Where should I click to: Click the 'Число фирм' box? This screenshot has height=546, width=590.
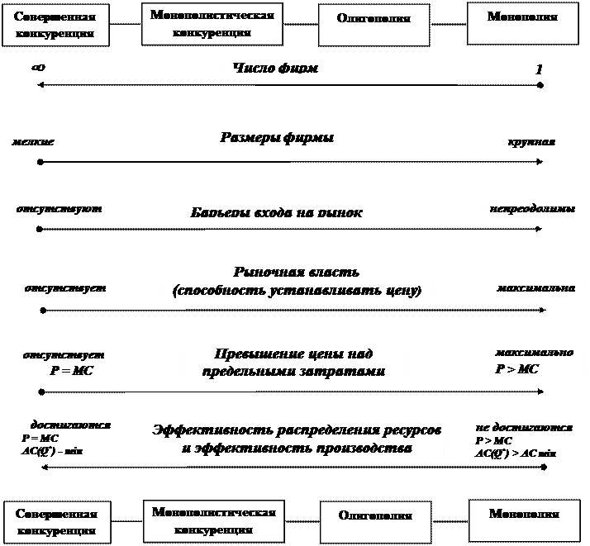pos(290,68)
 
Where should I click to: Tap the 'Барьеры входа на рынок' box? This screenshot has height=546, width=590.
pos(276,212)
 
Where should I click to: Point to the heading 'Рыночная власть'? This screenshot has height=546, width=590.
pos(297,273)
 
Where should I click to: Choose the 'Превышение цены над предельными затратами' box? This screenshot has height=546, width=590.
pos(294,363)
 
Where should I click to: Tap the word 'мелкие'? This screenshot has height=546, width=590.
pos(34,142)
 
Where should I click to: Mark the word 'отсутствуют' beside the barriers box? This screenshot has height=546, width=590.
pos(59,210)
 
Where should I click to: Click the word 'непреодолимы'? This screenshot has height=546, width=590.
pos(531,210)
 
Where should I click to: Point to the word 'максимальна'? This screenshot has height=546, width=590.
pos(536,289)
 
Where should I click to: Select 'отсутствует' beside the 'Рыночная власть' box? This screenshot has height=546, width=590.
pos(65,289)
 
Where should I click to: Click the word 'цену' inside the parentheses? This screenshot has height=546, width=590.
pos(397,292)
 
